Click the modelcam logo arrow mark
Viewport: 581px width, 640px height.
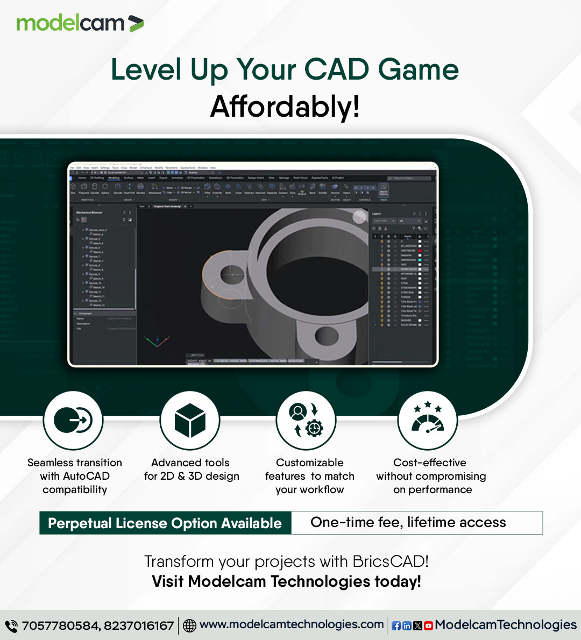136,24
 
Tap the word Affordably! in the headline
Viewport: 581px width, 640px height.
285,106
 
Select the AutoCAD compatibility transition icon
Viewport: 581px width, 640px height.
73,420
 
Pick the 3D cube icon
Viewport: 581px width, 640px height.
190,420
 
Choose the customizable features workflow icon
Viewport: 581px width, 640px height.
306,420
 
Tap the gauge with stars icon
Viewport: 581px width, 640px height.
428,420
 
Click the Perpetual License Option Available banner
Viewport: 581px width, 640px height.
165,523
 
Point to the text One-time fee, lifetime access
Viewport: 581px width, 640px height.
408,523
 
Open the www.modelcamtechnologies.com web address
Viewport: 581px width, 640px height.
292,624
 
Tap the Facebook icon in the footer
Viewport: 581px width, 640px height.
396,626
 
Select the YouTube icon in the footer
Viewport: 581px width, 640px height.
428,626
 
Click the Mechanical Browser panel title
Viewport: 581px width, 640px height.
89,213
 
